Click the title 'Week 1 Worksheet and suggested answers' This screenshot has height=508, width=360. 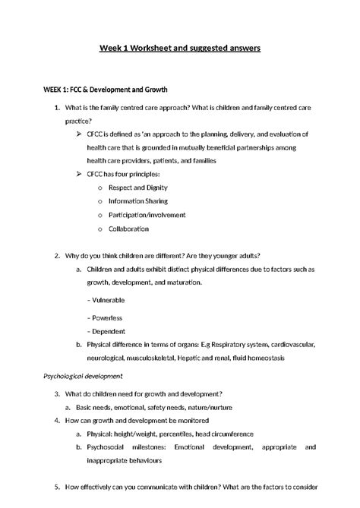[x=180, y=48]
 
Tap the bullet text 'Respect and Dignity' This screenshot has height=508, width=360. [x=138, y=188]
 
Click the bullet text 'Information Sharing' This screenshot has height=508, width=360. [x=138, y=201]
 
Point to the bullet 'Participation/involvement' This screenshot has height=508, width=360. [x=147, y=215]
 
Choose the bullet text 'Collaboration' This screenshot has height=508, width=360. [x=128, y=229]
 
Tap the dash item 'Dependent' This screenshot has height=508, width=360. [x=109, y=331]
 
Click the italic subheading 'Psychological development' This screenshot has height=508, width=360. [x=84, y=375]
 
